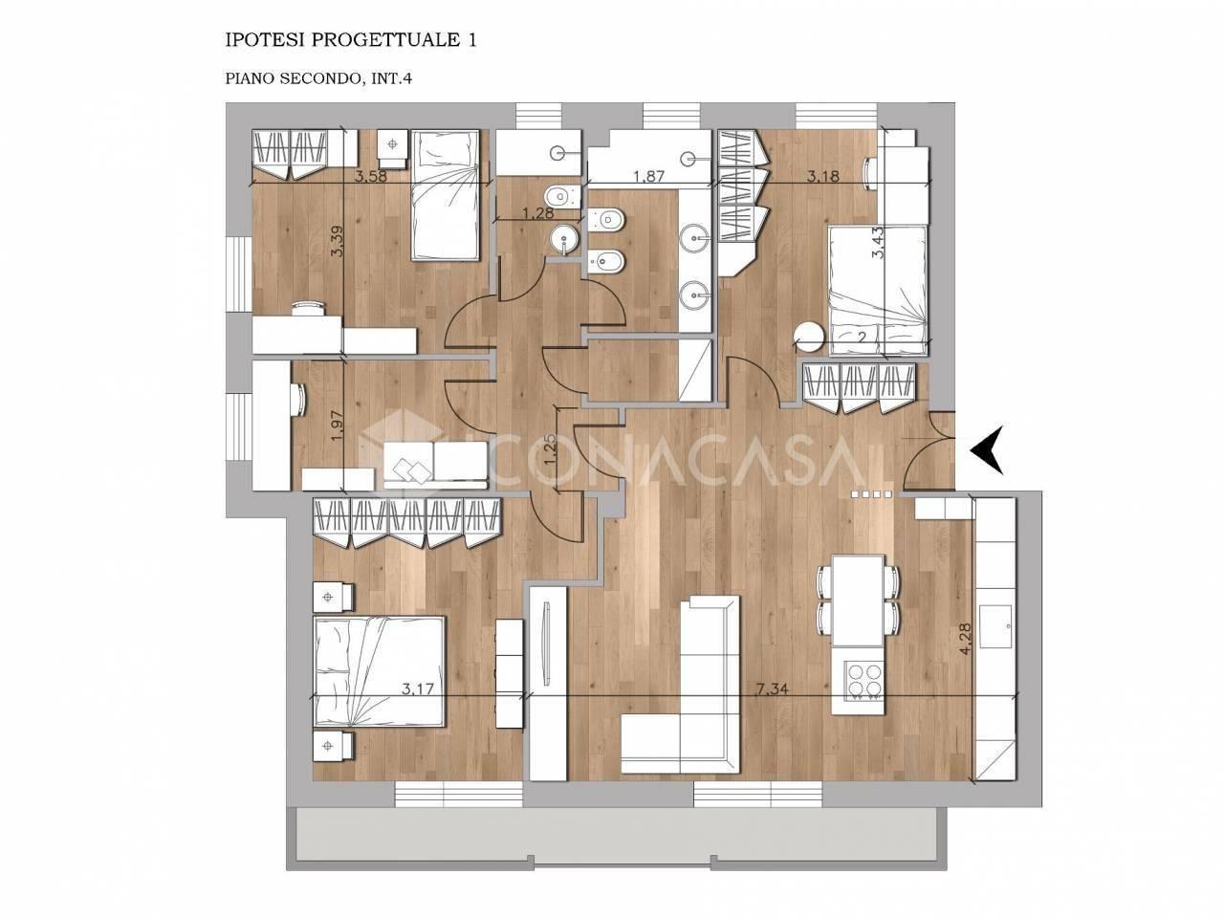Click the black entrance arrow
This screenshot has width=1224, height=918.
989,449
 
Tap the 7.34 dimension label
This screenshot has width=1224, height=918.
772,689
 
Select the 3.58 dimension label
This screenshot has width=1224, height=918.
371,177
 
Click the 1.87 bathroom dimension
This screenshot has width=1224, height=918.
649,177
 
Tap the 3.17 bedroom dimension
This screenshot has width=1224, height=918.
418,689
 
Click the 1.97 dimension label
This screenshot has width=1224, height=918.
336,426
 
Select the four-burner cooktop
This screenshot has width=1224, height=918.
864,680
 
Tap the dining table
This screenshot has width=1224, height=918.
858,600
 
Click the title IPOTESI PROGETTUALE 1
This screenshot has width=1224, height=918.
351,40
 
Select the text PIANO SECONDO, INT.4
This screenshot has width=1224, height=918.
318,78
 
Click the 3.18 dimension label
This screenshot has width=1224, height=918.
823,177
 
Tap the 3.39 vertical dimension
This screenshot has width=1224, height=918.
337,241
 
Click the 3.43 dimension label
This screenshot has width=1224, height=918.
878,243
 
